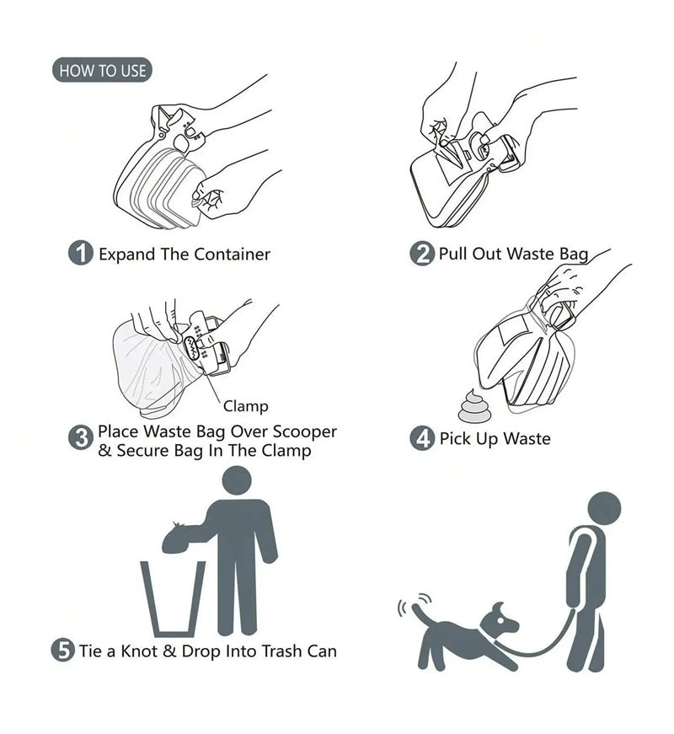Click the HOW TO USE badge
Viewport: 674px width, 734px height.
(x=102, y=71)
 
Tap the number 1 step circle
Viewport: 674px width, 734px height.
(x=80, y=254)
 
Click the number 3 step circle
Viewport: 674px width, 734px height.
(x=80, y=437)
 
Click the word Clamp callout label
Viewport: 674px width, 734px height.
(x=245, y=407)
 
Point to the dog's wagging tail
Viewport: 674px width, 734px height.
(x=420, y=616)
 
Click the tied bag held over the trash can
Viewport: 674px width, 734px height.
(x=177, y=538)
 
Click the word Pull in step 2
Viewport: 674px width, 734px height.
(x=453, y=254)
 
